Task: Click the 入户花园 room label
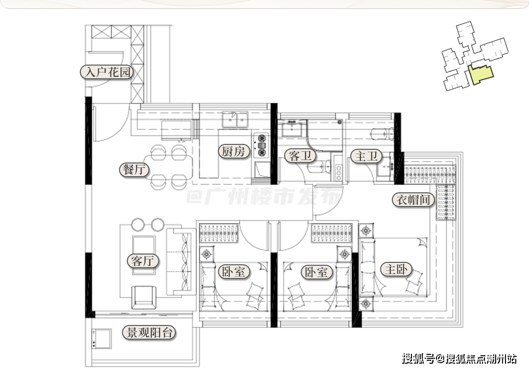click(107, 72)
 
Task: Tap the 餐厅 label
click(134, 169)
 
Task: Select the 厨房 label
click(234, 151)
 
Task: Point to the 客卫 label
click(300, 156)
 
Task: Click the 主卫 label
click(366, 156)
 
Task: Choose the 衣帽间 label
click(413, 200)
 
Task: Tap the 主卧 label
click(396, 269)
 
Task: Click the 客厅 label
click(143, 260)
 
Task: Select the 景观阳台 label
click(149, 333)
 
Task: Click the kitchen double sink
click(235, 119)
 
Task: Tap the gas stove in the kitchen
click(262, 145)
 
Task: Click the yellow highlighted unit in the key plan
click(481, 74)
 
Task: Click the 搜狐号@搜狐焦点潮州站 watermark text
click(459, 359)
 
